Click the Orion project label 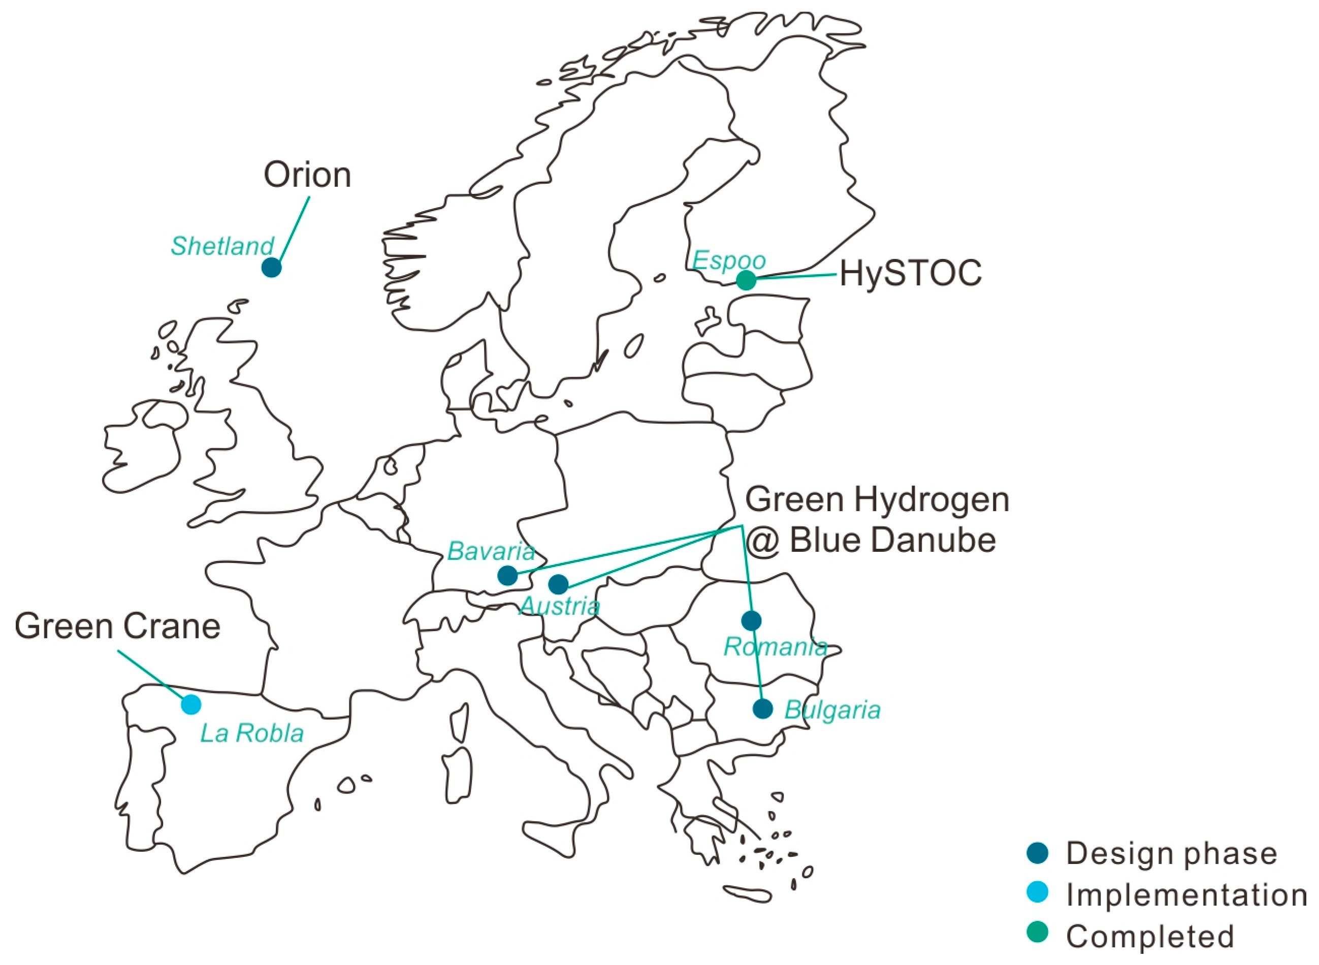point(307,175)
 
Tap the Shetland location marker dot point(271,268)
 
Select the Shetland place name point(222,246)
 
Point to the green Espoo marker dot point(746,280)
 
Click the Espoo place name point(729,260)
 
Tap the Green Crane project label point(117,626)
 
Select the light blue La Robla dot point(191,705)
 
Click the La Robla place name point(252,734)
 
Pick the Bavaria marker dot point(507,575)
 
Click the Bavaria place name point(491,551)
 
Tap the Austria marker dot point(558,584)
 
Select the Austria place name point(559,606)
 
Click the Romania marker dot point(751,620)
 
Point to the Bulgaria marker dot point(763,709)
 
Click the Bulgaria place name point(832,710)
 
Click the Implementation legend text point(1186,895)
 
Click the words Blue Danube point(892,540)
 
